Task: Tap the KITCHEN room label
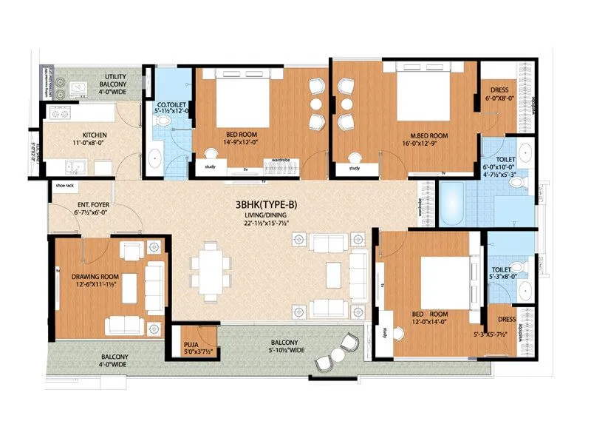[x=94, y=135]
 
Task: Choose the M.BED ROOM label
[x=429, y=135]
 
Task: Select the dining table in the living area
[x=211, y=271]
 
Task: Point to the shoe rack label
[x=65, y=186]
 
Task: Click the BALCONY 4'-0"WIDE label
[x=114, y=360]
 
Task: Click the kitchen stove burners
[x=60, y=114]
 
